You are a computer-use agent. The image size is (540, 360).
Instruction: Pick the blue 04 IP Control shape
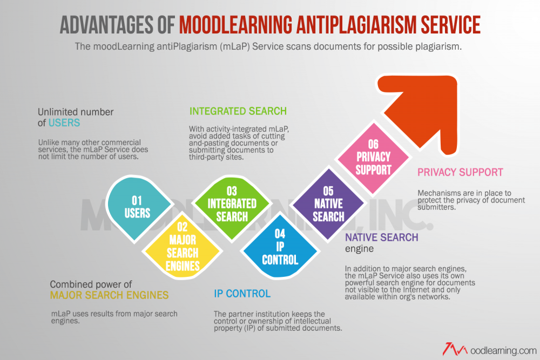[x=280, y=247]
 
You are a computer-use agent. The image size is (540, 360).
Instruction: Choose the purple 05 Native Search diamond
[x=328, y=203]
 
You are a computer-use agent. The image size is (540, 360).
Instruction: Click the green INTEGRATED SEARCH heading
[x=238, y=111]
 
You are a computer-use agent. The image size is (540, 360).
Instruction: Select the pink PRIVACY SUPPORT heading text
[x=460, y=172]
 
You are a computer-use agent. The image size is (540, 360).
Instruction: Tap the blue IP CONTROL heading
[x=242, y=294]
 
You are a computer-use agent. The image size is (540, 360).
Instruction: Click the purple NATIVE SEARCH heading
[x=382, y=237]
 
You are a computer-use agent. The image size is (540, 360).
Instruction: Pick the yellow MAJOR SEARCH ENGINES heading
[x=109, y=295]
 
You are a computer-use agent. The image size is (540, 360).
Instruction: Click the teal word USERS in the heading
[x=64, y=123]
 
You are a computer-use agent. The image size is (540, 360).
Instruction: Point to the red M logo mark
[x=455, y=349]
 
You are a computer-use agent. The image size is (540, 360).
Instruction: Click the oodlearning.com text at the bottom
[x=503, y=351]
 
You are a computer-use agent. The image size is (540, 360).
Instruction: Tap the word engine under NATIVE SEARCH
[x=359, y=249]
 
